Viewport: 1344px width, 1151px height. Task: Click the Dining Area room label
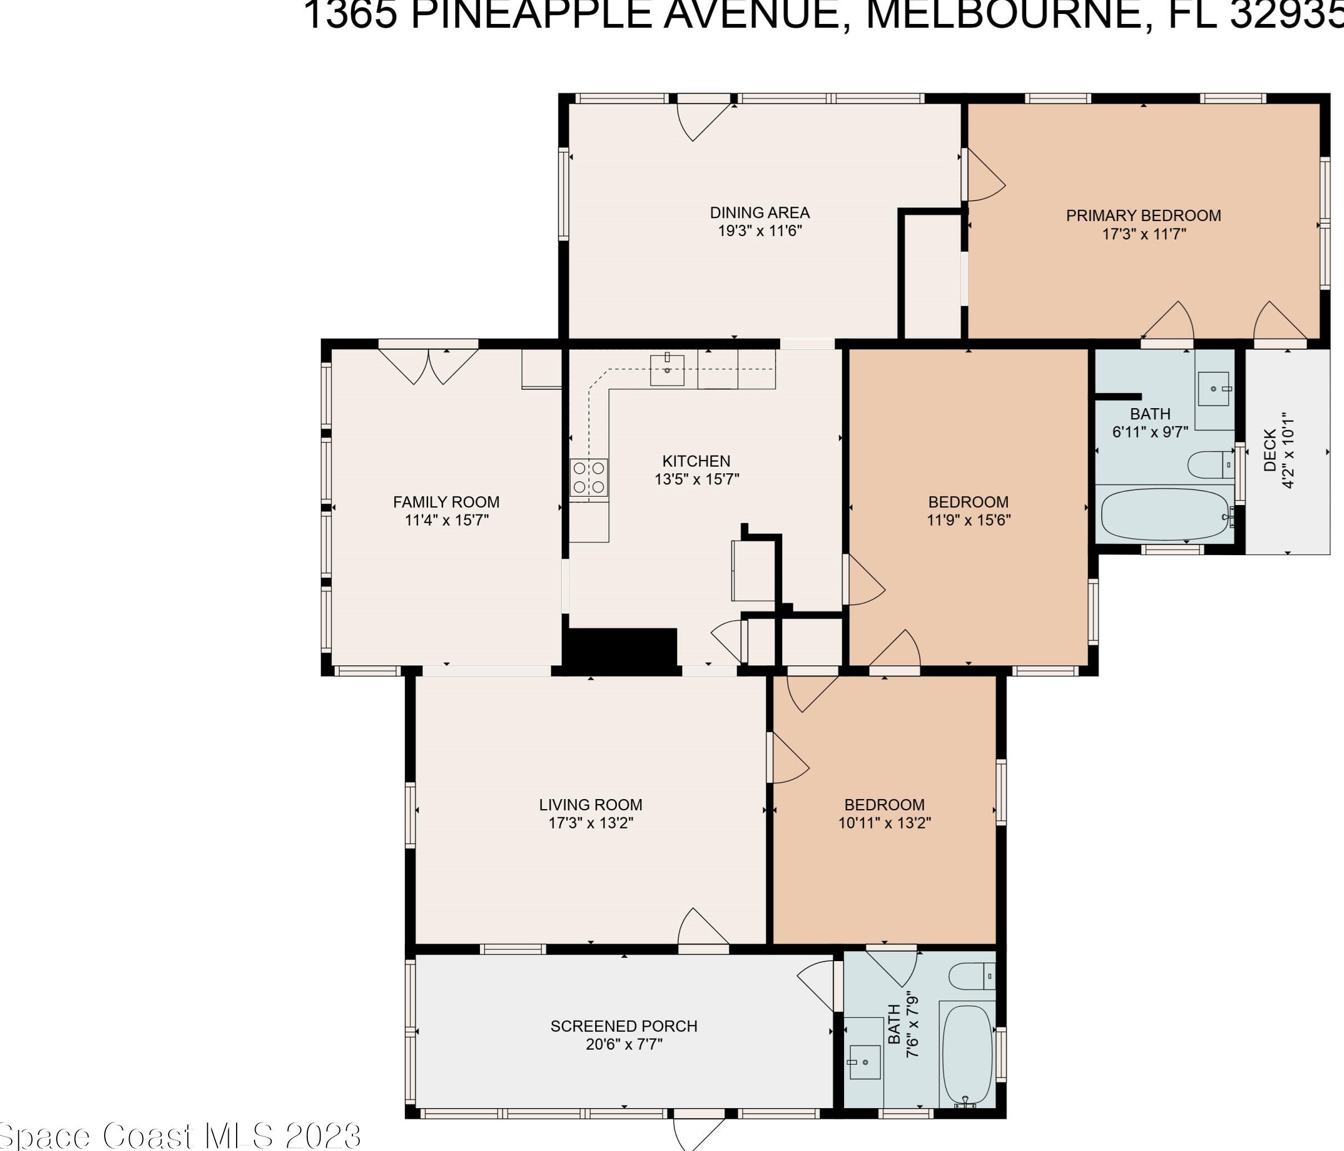759,213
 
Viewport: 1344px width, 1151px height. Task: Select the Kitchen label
696,461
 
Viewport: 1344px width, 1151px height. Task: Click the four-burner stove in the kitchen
588,478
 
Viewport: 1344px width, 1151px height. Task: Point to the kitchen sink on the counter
667,370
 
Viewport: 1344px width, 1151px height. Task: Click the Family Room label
447,502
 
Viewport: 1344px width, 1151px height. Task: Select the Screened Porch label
624,1026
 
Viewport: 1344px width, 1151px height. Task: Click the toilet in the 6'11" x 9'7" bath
1210,465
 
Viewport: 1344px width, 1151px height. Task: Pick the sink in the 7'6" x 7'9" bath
865,1062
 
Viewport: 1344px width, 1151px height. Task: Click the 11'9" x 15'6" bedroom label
968,502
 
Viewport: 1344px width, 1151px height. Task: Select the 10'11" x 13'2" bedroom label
884,805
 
